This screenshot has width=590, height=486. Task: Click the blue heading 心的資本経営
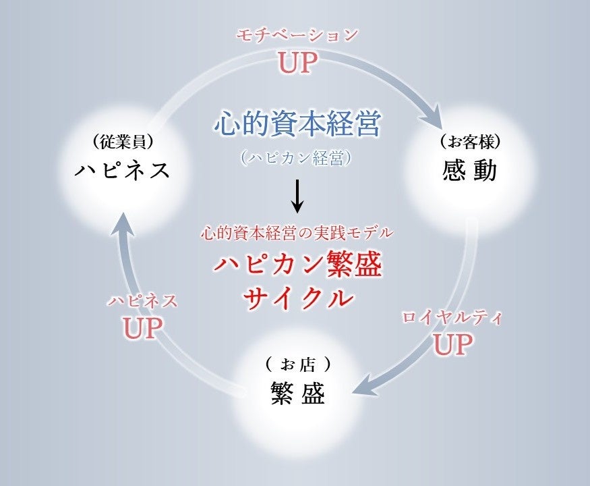(297, 124)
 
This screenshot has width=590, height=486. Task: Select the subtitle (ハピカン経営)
(297, 158)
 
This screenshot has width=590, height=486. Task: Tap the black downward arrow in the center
(297, 196)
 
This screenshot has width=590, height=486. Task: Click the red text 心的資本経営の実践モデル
(297, 234)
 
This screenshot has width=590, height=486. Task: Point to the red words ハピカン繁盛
(297, 265)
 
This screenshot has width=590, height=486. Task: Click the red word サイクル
(297, 297)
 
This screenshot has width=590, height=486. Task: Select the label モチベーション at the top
(297, 36)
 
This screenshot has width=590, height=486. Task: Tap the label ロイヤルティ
(452, 318)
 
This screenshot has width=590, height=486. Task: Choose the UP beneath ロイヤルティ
(452, 344)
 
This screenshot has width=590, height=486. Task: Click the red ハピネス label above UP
(142, 301)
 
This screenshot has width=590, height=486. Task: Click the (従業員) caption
(122, 142)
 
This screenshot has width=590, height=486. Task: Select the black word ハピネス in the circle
(122, 169)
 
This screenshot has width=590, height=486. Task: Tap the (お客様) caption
(470, 142)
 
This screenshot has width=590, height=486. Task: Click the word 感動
(470, 171)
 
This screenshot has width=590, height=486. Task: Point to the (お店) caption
(297, 365)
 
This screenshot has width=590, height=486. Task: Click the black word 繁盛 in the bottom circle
(297, 394)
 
